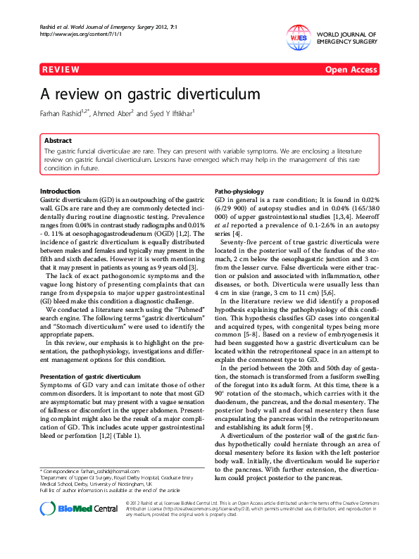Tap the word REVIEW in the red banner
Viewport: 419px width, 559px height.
(x=61, y=70)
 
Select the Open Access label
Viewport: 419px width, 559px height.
(x=351, y=70)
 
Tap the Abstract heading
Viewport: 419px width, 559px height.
(x=58, y=141)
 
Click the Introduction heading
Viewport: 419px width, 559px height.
(x=61, y=191)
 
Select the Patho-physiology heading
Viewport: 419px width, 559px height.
(x=239, y=191)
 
